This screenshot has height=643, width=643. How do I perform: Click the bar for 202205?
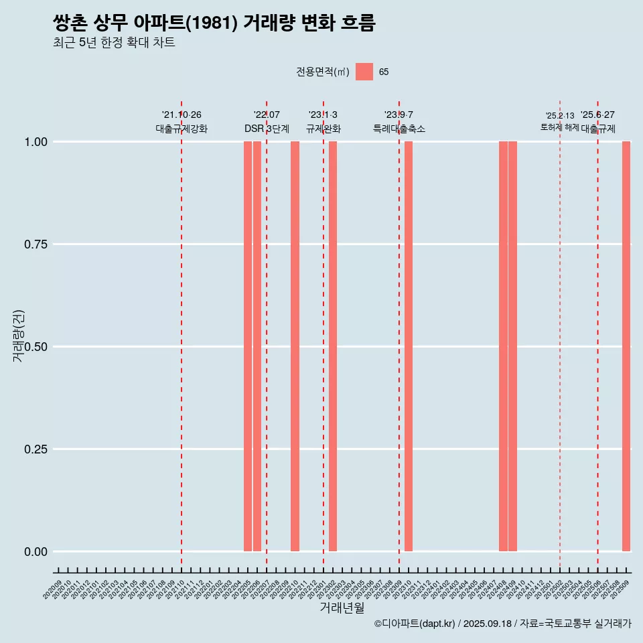click(x=248, y=346)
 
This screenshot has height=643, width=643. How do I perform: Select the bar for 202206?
click(x=257, y=346)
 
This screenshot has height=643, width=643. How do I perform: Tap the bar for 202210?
click(x=295, y=346)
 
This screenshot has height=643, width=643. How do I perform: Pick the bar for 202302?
click(x=333, y=346)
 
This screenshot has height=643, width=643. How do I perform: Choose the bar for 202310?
click(x=409, y=346)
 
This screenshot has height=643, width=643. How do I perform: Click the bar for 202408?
click(x=503, y=346)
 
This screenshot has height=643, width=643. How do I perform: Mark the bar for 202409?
click(x=512, y=346)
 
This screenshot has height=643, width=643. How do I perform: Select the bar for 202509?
click(x=626, y=346)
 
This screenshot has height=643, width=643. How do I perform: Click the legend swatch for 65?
click(x=364, y=72)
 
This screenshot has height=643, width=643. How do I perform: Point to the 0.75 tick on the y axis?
click(x=35, y=244)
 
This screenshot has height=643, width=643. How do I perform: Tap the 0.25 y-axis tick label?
click(x=35, y=449)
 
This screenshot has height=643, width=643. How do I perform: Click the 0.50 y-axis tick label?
click(x=35, y=347)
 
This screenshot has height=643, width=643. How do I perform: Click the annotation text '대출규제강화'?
click(x=182, y=129)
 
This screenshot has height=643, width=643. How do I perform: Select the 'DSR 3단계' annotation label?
click(x=267, y=129)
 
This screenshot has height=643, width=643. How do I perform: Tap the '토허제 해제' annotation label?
click(x=559, y=127)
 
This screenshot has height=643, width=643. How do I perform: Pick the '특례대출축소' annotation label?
click(x=399, y=129)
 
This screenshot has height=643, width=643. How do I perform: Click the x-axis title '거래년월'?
click(x=342, y=608)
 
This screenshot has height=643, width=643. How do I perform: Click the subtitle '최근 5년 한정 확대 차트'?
click(x=114, y=43)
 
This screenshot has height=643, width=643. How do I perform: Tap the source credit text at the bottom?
click(x=502, y=624)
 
